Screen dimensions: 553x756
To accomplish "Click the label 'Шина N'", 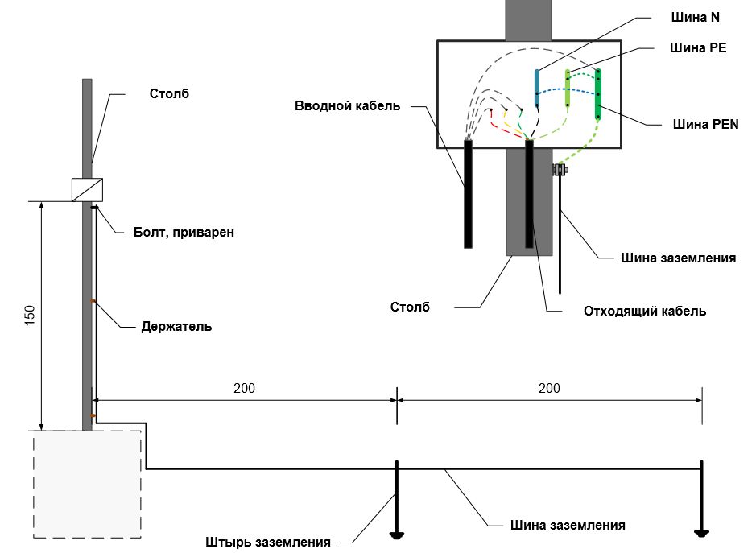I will click(x=688, y=17).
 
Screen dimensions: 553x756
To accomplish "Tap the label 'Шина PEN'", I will click(x=705, y=124).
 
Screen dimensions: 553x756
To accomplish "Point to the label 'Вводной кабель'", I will click(x=347, y=105).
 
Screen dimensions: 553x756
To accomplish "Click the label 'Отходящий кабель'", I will click(x=645, y=311).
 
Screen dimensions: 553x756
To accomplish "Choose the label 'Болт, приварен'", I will click(x=184, y=233).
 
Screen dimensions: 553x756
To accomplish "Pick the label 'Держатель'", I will click(x=176, y=326).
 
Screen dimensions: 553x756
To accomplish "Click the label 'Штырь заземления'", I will click(x=268, y=542).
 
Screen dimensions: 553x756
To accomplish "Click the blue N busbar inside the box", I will click(x=537, y=89).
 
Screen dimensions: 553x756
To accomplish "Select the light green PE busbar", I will click(x=568, y=90).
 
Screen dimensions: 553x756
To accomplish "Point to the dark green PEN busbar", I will click(x=598, y=93).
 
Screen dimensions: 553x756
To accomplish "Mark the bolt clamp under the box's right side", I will click(x=559, y=170).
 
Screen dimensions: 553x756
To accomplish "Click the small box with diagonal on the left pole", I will click(x=88, y=189).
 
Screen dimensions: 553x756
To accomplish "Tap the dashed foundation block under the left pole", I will click(x=87, y=484).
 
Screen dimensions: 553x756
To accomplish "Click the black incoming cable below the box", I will click(x=468, y=193).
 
